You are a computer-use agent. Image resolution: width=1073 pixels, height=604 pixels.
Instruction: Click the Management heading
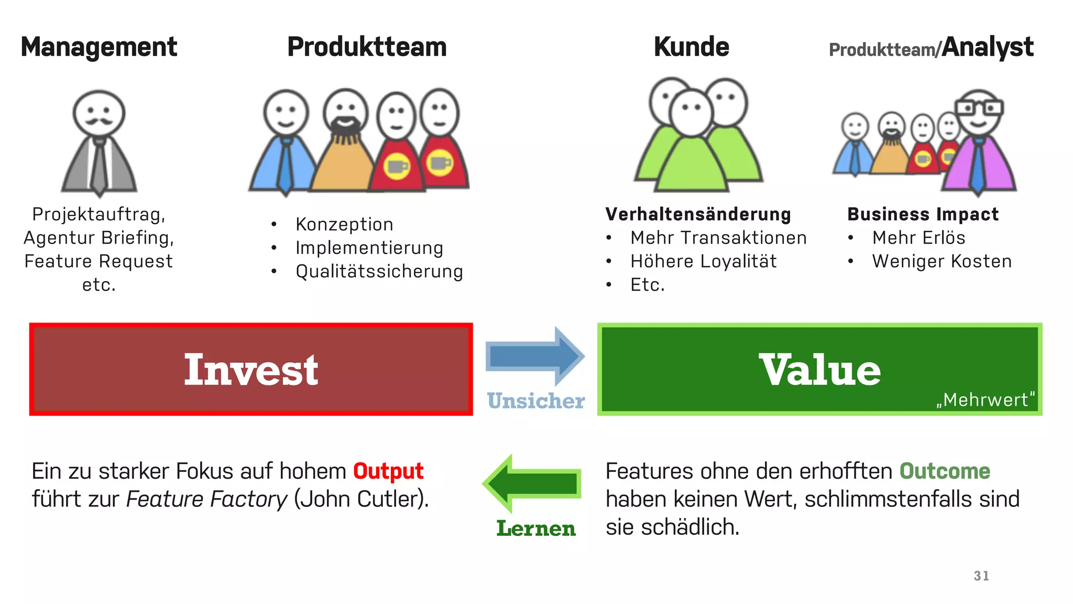point(98,47)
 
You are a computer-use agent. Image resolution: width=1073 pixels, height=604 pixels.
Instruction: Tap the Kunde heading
point(691,47)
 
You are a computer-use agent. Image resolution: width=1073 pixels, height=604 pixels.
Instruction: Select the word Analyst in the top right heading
point(987,47)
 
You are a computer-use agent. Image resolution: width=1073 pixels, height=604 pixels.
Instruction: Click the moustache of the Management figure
point(99,122)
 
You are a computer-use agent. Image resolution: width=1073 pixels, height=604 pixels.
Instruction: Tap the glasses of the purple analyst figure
point(978,108)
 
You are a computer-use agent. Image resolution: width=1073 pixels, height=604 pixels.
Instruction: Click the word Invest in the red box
point(251,370)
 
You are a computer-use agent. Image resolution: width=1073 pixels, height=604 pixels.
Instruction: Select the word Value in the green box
point(820,370)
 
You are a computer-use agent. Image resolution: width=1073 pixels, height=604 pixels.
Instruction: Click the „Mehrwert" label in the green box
point(986,400)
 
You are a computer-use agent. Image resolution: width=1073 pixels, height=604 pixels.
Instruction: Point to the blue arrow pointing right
point(534,357)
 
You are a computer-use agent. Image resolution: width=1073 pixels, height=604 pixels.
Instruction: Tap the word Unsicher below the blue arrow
point(535,401)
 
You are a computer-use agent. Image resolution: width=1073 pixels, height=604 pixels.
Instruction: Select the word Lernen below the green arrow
point(535,528)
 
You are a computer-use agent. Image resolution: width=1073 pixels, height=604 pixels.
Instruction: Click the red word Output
point(388,471)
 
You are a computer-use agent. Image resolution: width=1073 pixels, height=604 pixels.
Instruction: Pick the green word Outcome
point(945,471)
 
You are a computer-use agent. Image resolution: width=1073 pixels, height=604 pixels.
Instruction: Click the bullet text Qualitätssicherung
point(379,272)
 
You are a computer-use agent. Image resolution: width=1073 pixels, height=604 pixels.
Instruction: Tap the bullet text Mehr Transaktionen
point(718,238)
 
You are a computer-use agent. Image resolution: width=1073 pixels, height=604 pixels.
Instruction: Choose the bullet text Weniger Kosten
point(941,262)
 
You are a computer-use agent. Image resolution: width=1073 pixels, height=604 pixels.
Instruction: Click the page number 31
point(981,576)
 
